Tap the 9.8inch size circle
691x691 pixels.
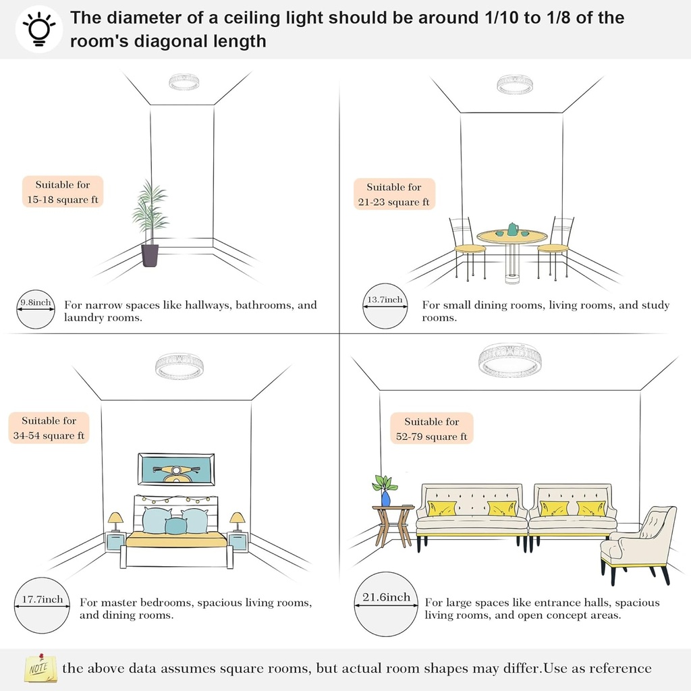[36, 308]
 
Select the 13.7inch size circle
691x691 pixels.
[384, 306]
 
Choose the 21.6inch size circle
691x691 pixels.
[385, 603]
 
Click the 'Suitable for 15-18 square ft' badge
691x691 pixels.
[63, 192]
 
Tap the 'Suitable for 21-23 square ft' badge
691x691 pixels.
[393, 194]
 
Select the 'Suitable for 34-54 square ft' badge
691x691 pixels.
[49, 428]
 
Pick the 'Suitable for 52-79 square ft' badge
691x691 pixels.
[432, 429]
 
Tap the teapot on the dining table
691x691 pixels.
[513, 229]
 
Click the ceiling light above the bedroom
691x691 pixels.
[179, 366]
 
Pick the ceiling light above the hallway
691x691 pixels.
[183, 82]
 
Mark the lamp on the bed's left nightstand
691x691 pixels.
[115, 521]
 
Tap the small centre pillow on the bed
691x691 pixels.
[176, 525]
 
